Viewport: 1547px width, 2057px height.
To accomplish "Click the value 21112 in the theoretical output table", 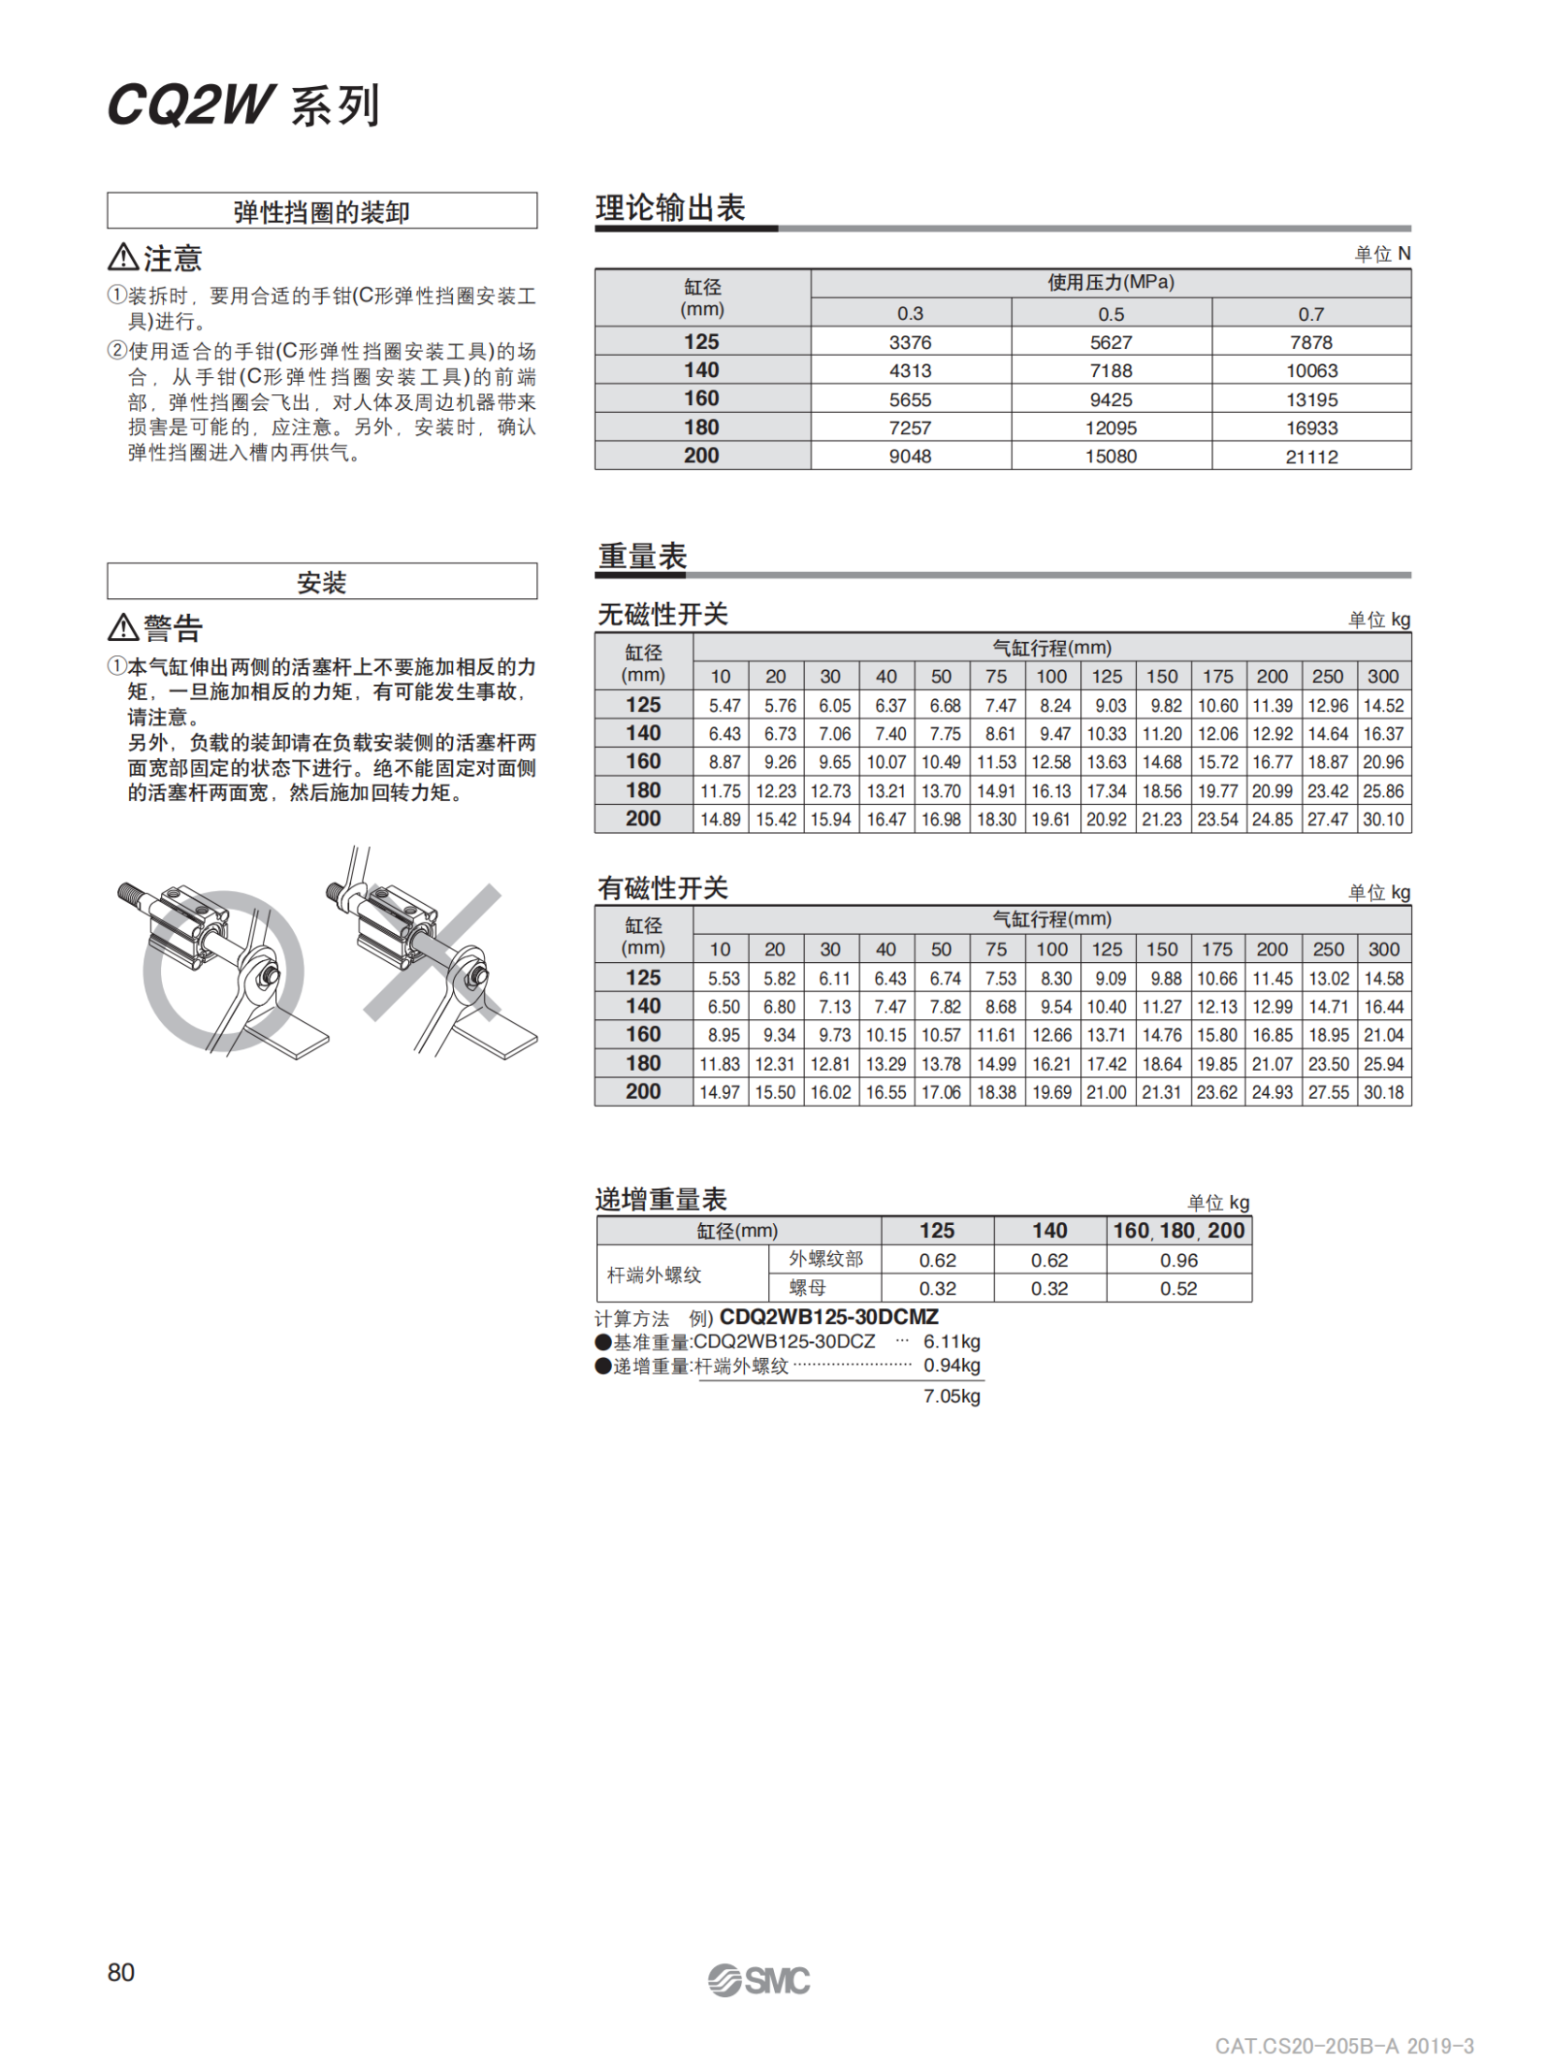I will [1310, 457].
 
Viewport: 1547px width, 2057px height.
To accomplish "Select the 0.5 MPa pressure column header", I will [1110, 314].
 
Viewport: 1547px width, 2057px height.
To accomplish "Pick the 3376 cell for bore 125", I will [910, 343].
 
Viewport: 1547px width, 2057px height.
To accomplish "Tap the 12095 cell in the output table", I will [1110, 428].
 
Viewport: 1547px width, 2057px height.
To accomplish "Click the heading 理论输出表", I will [670, 208].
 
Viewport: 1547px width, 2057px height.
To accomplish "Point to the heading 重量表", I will [642, 556].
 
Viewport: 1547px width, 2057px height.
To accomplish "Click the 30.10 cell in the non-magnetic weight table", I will [1382, 819].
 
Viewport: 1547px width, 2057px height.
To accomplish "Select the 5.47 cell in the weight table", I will [723, 706].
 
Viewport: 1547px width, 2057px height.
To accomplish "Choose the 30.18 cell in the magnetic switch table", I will [1382, 1091].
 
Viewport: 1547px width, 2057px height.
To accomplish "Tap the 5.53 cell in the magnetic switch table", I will [723, 978].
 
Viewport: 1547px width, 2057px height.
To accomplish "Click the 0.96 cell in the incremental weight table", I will [1177, 1260].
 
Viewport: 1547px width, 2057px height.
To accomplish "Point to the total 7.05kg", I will [951, 1395].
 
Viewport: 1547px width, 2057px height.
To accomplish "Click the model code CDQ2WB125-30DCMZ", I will [828, 1317].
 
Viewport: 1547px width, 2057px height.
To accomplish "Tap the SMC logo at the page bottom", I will [758, 1979].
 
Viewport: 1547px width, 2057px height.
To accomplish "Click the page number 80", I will [121, 1972].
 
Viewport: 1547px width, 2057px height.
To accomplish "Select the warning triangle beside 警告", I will [123, 626].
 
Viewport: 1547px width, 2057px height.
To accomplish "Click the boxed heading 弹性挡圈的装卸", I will [321, 212].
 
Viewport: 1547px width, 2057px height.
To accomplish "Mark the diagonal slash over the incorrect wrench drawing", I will [432, 951].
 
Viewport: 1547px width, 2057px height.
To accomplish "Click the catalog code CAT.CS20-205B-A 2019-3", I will [1343, 2046].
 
